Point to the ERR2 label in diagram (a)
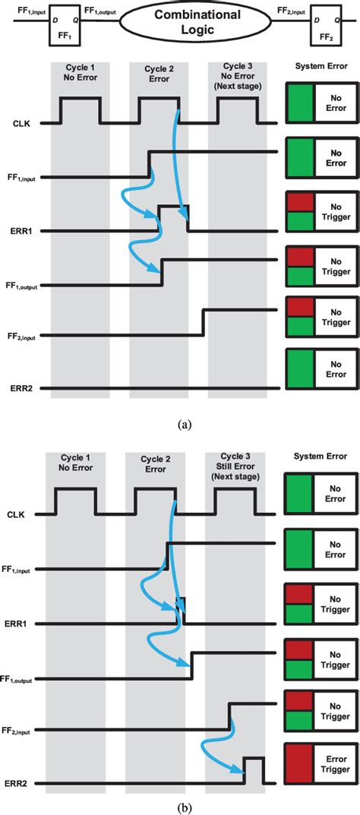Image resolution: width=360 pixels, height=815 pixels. tap(24, 388)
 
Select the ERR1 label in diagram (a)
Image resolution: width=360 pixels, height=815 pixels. tap(24, 231)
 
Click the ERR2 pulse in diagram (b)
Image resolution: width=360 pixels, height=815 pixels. tap(253, 769)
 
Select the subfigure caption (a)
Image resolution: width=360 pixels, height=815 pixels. tap(185, 425)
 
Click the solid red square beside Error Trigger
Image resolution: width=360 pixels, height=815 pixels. tap(298, 763)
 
